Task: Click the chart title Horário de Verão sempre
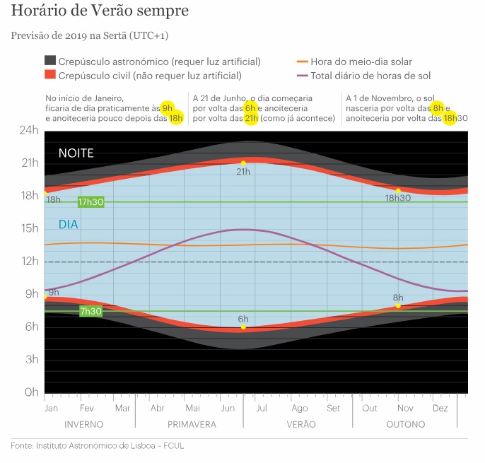coord(100,12)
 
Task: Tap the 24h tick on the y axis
coord(29,131)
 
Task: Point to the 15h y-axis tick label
coord(29,228)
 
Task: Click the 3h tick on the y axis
coord(31,359)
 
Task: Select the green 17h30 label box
coord(92,202)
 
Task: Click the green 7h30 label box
coord(90,311)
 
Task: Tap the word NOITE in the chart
coord(76,153)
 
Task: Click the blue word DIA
coord(69,225)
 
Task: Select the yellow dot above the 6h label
coord(243,327)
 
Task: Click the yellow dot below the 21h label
coord(243,163)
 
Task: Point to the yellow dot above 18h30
coord(398,191)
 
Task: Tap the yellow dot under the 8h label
coord(398,306)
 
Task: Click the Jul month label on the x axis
coord(262,408)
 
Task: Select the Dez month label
coord(440,408)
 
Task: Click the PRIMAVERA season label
coord(192,425)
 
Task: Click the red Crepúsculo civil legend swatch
coord(50,74)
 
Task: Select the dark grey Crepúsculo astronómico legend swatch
coord(50,61)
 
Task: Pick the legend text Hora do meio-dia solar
coord(361,61)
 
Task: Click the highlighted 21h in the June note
coord(252,118)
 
